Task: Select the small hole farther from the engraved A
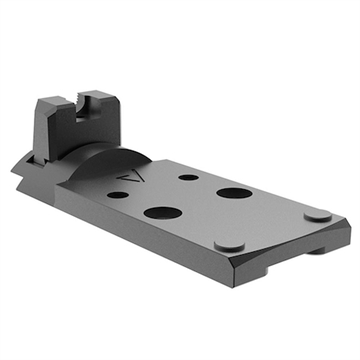point(188,176)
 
